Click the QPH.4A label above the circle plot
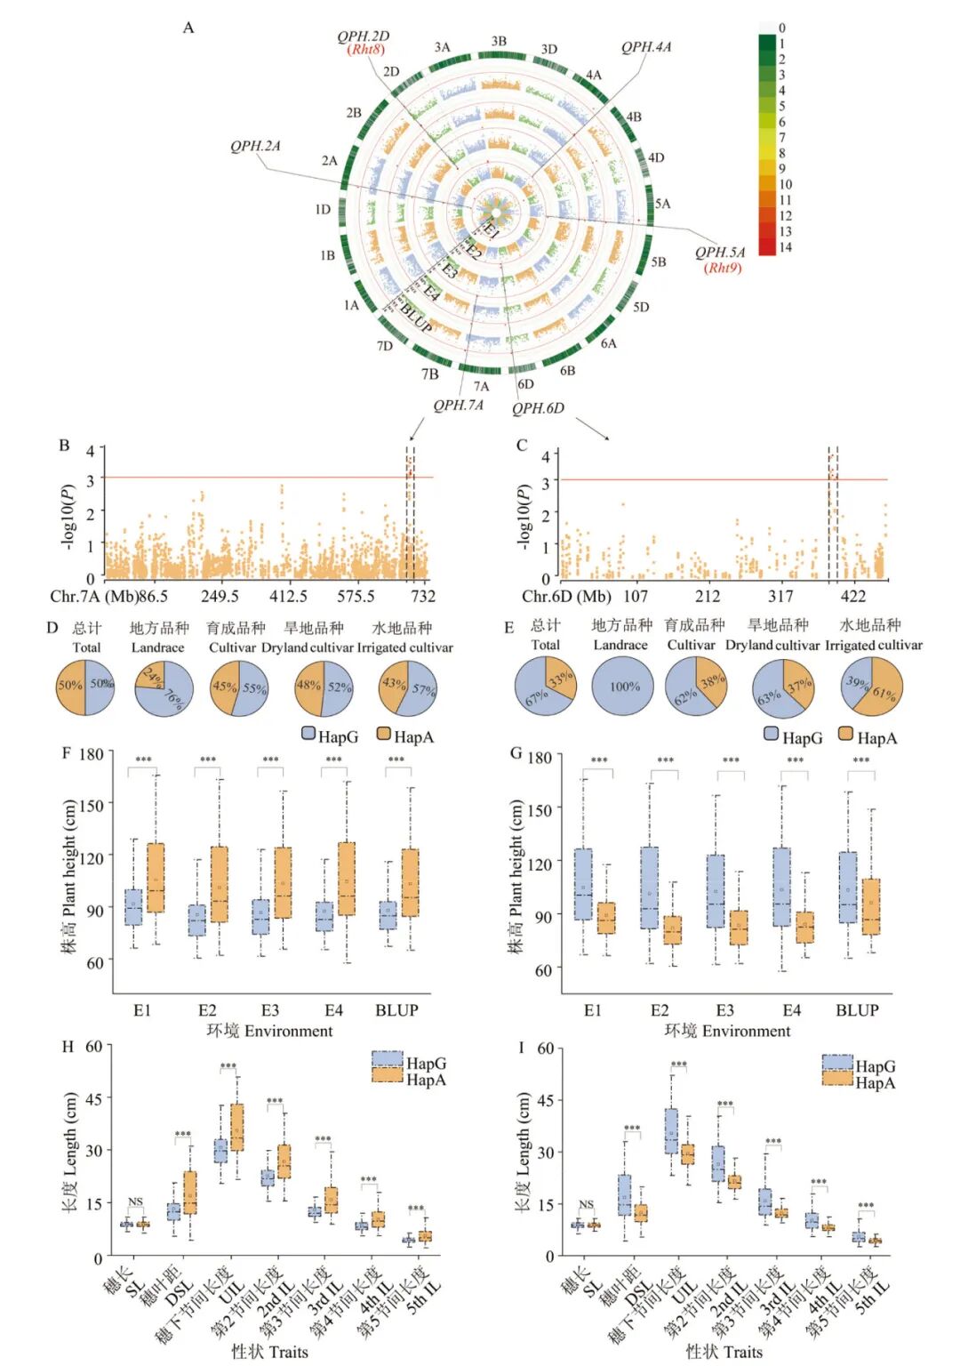pos(645,47)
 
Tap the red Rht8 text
pos(365,50)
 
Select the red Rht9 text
pos(722,268)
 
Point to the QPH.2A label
pos(255,147)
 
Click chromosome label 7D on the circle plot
pos(384,346)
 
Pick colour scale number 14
pos(785,247)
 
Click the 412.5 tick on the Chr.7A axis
pos(288,596)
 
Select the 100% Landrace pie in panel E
pos(624,687)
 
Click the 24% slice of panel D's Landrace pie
pos(151,677)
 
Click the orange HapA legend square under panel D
pos(384,735)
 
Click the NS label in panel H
pos(135,1202)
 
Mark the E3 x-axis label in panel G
pos(725,1010)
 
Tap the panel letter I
pos(521,1048)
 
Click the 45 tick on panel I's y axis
pos(545,1100)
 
